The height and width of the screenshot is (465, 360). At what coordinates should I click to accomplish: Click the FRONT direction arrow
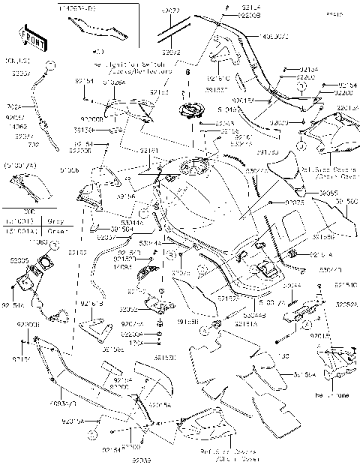pyautogui.click(x=28, y=37)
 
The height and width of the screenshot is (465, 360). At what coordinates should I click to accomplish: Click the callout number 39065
pyautogui.click(x=307, y=193)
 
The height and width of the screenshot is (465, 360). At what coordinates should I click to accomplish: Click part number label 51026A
pyautogui.click(x=113, y=82)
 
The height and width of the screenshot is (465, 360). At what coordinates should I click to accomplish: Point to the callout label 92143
pyautogui.click(x=158, y=91)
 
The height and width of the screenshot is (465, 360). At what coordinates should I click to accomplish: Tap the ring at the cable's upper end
pyautogui.click(x=48, y=65)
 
